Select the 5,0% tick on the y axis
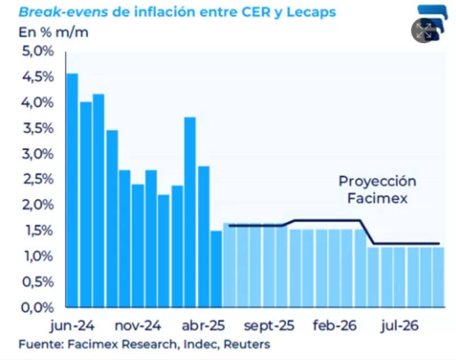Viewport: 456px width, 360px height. click(36, 52)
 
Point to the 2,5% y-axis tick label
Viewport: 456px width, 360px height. click(36, 179)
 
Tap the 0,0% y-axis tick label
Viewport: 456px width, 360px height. click(36, 308)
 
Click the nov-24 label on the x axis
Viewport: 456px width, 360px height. click(139, 326)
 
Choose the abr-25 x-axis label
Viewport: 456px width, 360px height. click(203, 326)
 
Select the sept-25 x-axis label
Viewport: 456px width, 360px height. click(269, 326)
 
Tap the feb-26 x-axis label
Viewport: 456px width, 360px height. click(335, 326)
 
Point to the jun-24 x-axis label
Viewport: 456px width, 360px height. click(72, 326)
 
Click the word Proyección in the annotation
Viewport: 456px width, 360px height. click(377, 182)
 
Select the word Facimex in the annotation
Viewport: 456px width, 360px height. click(377, 199)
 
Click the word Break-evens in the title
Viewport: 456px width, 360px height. click(56, 11)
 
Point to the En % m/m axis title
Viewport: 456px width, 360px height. click(54, 32)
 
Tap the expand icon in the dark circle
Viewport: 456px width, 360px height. click(424, 31)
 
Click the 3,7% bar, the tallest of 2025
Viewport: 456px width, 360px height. click(190, 211)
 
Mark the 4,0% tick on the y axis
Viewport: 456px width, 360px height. click(36, 103)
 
